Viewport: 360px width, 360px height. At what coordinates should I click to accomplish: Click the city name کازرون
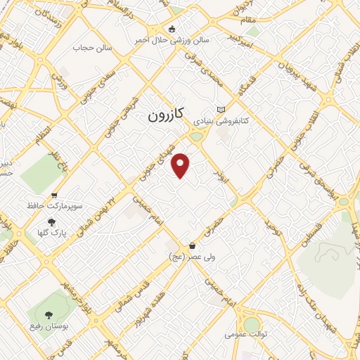[x=167, y=115]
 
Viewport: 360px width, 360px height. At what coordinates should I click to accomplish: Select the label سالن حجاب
[x=93, y=49]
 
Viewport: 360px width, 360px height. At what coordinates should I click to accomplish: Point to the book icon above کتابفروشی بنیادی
[x=222, y=110]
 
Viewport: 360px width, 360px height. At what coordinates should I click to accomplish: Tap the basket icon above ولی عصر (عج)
[x=193, y=246]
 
